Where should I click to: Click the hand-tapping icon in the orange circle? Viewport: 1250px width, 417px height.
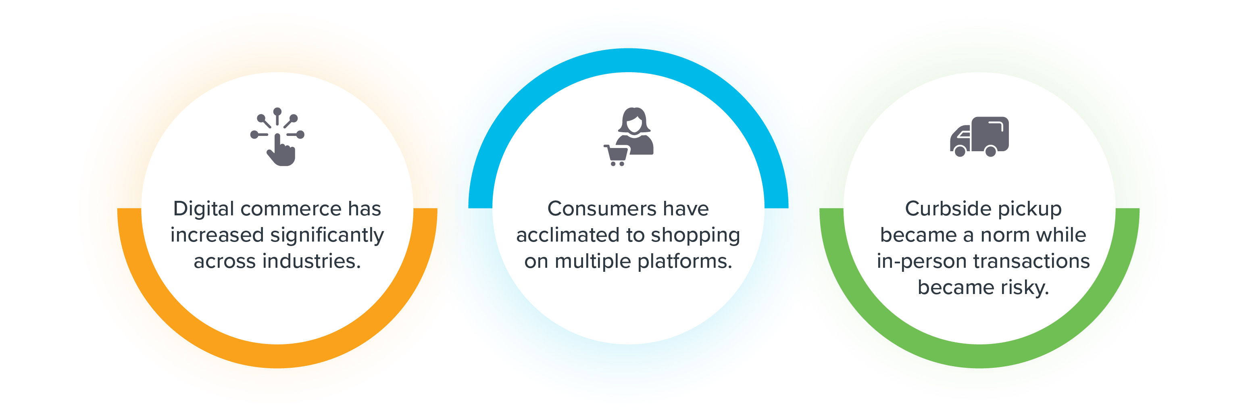click(x=277, y=137)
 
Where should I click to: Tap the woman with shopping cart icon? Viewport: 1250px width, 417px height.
click(x=628, y=136)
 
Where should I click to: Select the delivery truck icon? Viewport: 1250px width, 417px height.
click(x=979, y=136)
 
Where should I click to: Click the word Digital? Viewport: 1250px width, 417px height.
click(x=204, y=209)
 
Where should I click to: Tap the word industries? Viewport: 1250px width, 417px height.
click(x=312, y=261)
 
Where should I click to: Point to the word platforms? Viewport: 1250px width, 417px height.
click(x=685, y=262)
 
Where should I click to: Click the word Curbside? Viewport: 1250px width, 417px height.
click(x=942, y=209)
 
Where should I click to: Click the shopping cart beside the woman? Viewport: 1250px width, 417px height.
click(x=615, y=155)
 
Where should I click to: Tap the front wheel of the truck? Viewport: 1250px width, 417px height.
click(x=960, y=152)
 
